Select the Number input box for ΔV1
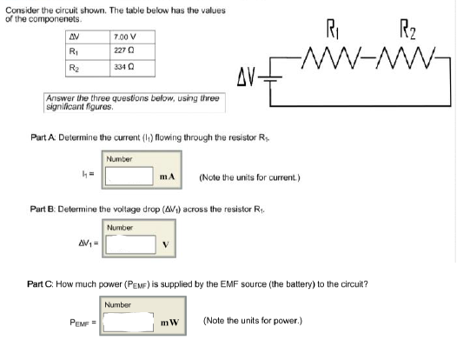(x=130, y=244)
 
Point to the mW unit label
(x=169, y=322)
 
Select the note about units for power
(x=252, y=321)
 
